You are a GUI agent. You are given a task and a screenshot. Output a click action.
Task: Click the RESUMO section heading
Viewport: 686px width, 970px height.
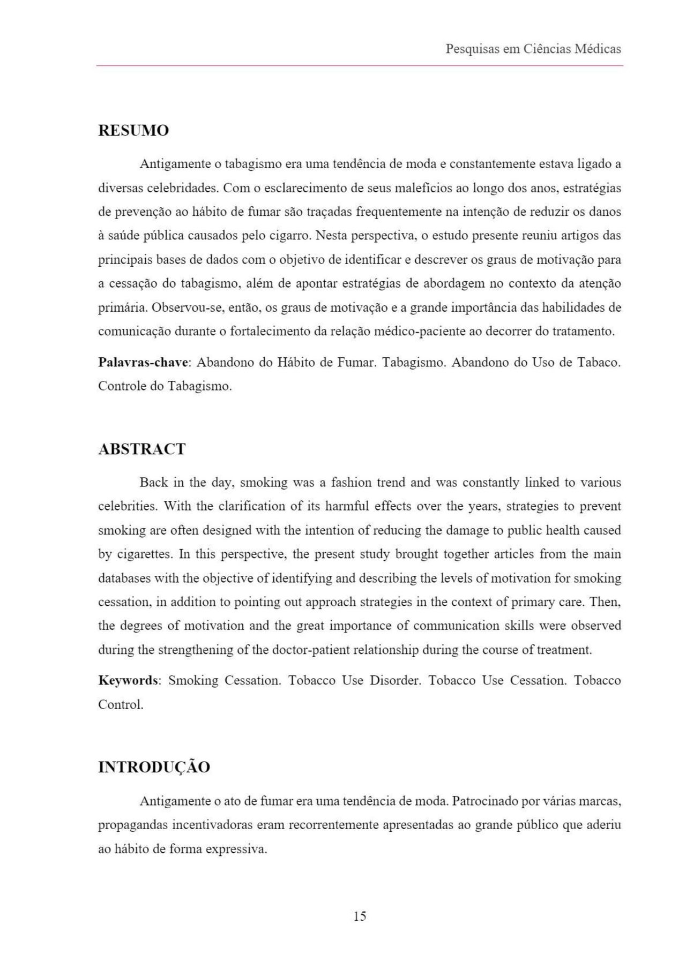133,130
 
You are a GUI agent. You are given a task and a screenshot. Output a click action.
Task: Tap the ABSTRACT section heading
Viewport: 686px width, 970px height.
142,449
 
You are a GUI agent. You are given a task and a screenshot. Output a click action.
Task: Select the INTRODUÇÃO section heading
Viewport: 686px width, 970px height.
154,767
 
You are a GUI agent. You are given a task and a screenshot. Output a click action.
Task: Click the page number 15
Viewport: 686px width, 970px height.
360,916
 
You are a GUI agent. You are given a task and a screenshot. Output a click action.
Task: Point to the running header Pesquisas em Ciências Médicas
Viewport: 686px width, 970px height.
533,49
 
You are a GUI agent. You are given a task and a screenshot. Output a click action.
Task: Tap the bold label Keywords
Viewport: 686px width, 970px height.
129,681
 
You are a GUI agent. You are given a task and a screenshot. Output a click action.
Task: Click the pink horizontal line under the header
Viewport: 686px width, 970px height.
360,65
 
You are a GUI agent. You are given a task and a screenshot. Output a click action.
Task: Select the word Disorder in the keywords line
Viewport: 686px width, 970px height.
395,681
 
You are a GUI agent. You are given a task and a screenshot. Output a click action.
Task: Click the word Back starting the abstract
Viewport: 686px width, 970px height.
154,483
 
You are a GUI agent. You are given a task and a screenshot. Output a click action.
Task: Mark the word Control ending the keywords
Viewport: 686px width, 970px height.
120,705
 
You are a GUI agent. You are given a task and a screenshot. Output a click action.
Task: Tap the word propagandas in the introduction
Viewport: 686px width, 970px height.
132,825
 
